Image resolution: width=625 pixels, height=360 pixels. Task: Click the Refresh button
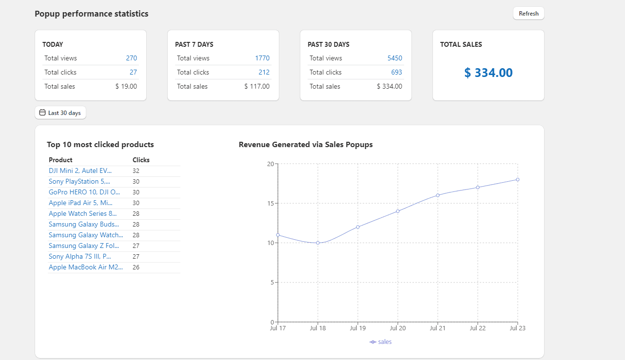point(528,14)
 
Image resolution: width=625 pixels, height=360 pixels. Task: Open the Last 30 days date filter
point(60,113)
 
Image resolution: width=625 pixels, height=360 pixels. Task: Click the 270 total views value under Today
point(131,58)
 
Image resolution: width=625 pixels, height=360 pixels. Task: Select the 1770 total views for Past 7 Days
point(262,58)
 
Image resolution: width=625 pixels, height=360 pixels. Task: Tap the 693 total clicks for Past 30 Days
point(396,72)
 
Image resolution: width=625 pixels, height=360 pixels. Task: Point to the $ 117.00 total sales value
point(257,86)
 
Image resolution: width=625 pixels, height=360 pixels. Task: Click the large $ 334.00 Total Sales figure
point(488,73)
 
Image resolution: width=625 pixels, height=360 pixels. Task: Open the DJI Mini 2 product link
point(80,171)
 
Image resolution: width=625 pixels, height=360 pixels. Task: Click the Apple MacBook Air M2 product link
point(86,267)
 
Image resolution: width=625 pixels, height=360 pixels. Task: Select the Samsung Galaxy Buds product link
point(84,225)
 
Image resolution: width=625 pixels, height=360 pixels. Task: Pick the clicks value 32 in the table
point(136,171)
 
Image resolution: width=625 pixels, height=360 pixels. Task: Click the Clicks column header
point(141,160)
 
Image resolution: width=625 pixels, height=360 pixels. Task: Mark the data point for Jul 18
point(318,243)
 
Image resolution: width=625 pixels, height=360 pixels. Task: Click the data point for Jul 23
point(517,179)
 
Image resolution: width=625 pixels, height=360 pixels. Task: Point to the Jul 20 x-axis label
point(398,328)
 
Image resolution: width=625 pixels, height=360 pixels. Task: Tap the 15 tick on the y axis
point(270,203)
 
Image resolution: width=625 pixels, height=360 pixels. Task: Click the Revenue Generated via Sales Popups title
point(306,145)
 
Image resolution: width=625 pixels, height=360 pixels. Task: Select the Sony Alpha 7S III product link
point(80,257)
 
